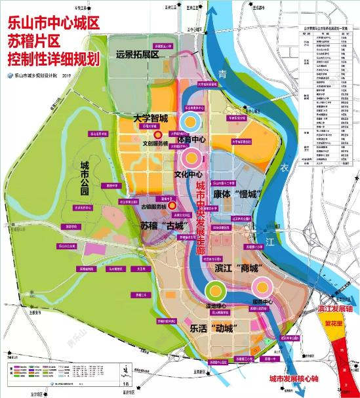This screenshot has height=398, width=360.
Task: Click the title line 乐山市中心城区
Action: pyautogui.click(x=52, y=22)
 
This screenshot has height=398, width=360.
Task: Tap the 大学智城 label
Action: pyautogui.click(x=150, y=119)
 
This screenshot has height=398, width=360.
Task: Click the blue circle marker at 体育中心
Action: pyautogui.click(x=191, y=121)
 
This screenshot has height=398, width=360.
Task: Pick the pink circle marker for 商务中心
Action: pyautogui.click(x=263, y=286)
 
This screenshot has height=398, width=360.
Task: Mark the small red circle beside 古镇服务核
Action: pyautogui.click(x=172, y=206)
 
